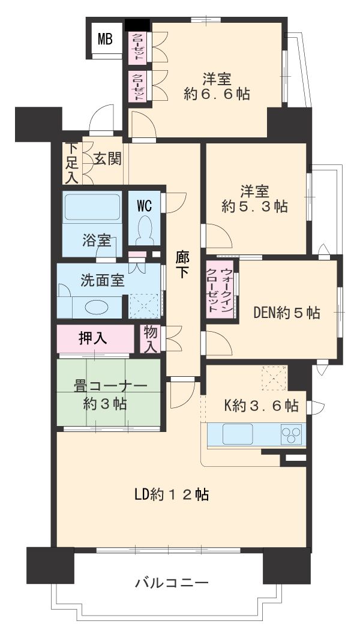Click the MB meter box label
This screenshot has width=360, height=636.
tap(106, 40)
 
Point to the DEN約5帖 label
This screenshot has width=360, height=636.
tap(286, 313)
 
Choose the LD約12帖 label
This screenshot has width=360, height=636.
tap(172, 495)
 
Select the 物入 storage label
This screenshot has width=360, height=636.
tap(150, 340)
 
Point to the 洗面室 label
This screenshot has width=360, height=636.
tap(103, 280)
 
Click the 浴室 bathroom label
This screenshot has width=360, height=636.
tap(96, 241)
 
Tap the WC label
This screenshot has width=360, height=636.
tap(144, 205)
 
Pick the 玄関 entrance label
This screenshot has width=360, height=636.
tap(108, 159)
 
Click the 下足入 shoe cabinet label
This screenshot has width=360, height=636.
tap(72, 163)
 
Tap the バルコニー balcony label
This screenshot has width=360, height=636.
tap(172, 582)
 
